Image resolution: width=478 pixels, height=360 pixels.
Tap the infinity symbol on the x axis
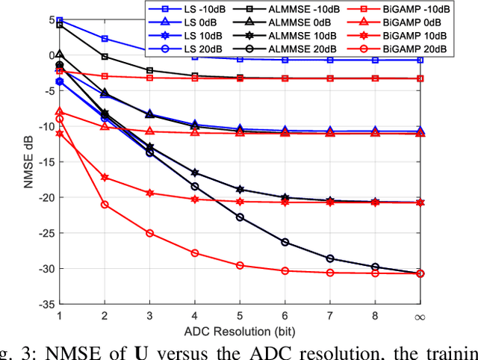click(x=419, y=317)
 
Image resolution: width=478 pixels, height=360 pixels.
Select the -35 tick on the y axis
click(x=46, y=305)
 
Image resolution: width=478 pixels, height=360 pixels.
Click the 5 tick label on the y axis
click(x=51, y=19)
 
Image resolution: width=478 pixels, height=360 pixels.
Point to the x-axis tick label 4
click(x=195, y=317)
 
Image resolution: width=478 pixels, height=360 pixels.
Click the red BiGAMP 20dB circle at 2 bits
click(x=105, y=205)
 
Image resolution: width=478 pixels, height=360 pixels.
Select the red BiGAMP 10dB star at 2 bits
click(x=105, y=178)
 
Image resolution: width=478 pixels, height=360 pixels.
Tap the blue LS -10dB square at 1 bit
click(x=60, y=21)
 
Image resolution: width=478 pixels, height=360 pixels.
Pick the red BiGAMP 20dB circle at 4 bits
click(x=195, y=253)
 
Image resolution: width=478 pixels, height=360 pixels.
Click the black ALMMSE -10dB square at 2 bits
click(x=105, y=57)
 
